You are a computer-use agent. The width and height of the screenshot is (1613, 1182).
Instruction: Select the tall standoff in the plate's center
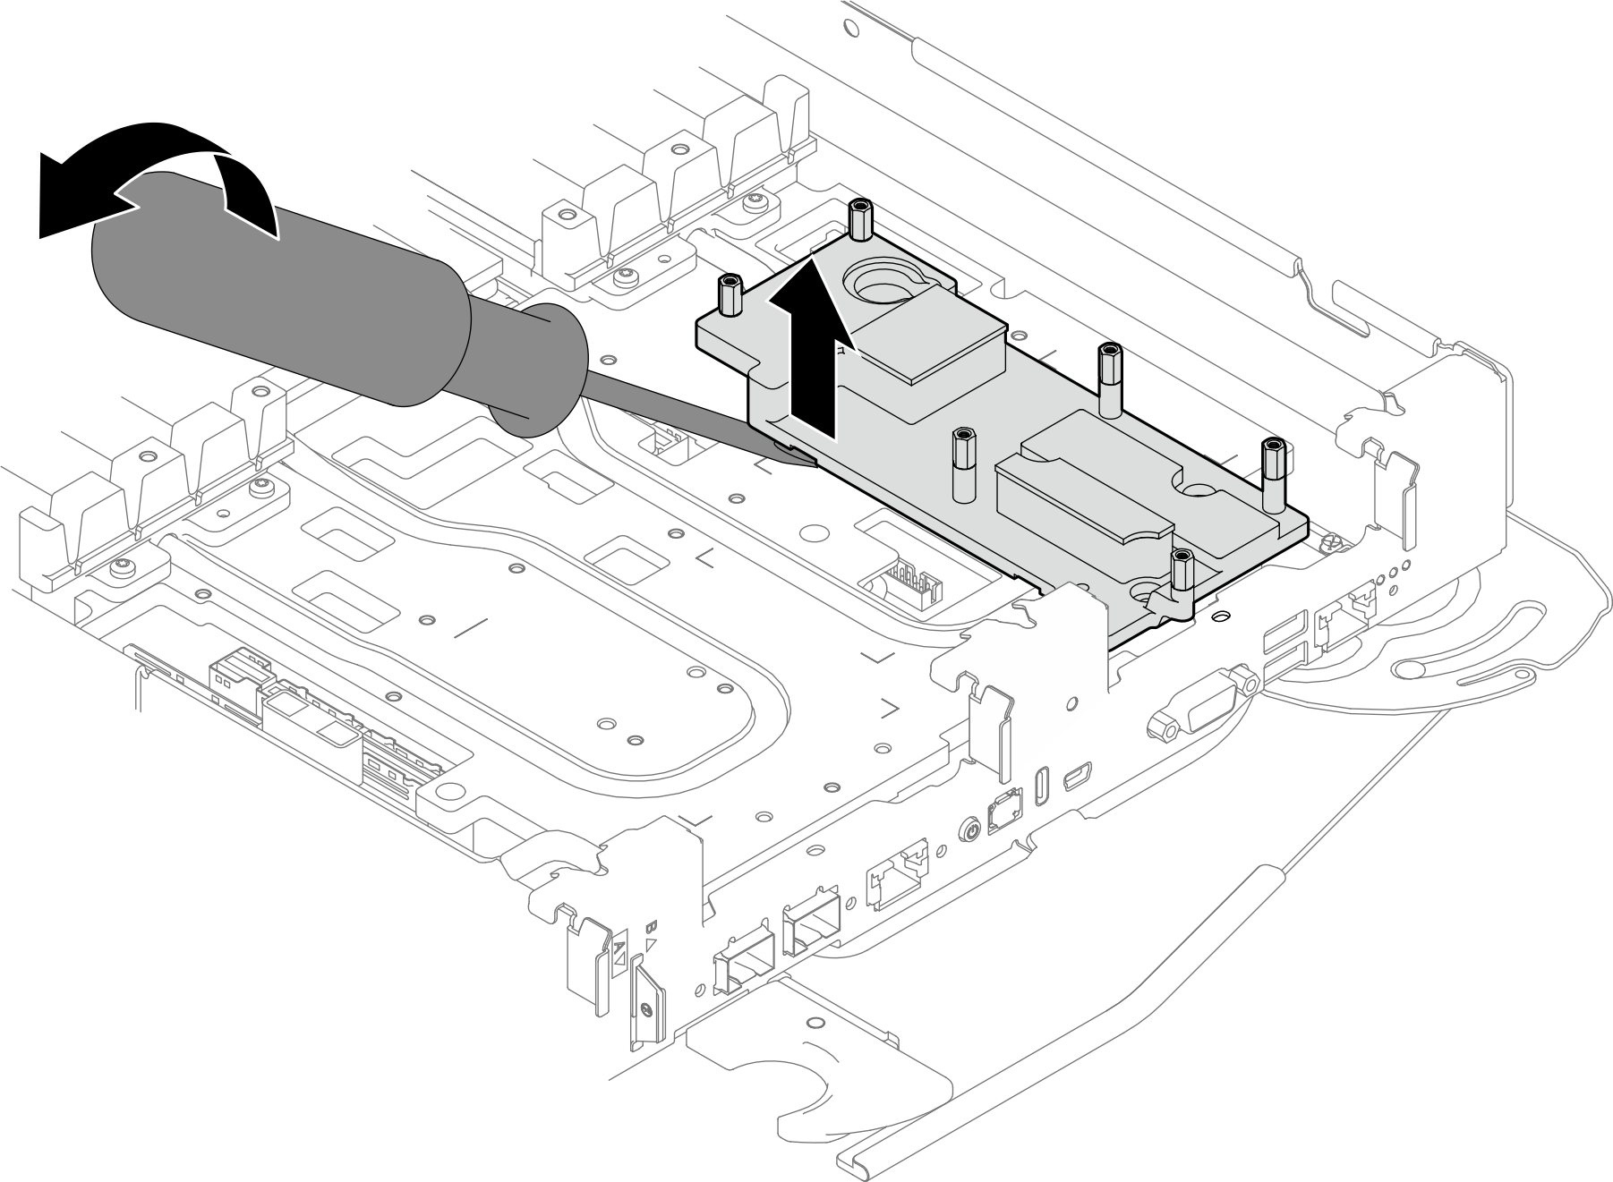click(x=963, y=461)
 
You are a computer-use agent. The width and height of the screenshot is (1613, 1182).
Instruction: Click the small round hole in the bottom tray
click(x=814, y=1022)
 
